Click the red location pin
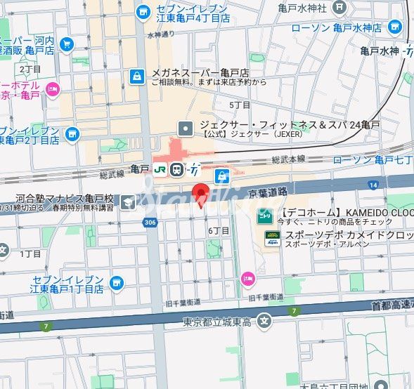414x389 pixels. pos(202,194)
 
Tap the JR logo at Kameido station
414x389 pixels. pos(160,169)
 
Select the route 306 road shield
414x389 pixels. pos(149,221)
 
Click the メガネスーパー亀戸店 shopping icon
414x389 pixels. pos(136,76)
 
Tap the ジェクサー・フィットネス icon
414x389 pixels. pos(186,128)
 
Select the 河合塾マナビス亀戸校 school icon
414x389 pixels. pos(127,203)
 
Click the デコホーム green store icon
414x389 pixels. pos(264,216)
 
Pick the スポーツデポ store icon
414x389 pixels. pos(271,238)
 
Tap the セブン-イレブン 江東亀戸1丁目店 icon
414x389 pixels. pos(115,283)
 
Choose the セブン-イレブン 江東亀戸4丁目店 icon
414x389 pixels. pos(143,12)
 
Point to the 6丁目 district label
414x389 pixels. pos(219,231)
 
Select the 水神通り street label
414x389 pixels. pos(160,33)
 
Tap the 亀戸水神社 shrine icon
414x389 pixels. pos(340,8)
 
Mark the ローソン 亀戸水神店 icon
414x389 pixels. pos(396,28)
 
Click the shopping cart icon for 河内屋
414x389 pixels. pos(67,45)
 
